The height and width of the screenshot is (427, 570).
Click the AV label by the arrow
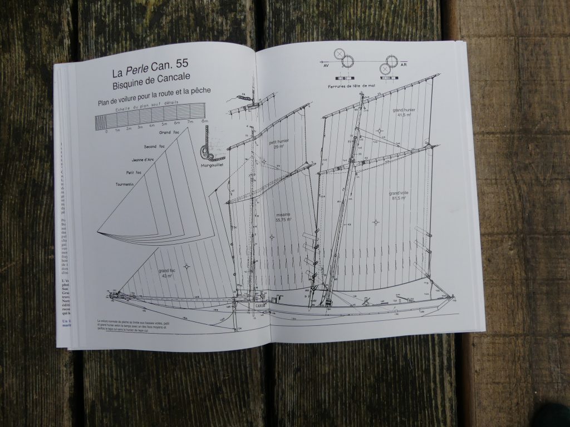coord(326,65)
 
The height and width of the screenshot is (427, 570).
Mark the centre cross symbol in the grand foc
coord(186,266)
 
